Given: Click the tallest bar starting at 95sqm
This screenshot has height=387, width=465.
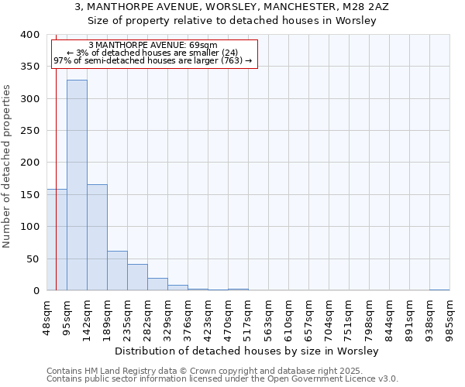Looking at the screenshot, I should click(x=77, y=186).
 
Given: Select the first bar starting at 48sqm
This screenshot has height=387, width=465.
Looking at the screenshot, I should click(x=57, y=240).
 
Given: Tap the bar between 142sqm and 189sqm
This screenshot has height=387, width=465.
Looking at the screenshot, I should click(x=97, y=238).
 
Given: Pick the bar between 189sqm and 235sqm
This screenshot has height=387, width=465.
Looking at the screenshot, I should click(x=117, y=271).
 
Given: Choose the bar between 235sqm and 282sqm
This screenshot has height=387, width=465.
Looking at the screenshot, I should click(x=137, y=277).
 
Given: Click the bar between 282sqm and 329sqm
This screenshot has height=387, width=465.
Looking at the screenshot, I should click(x=157, y=284).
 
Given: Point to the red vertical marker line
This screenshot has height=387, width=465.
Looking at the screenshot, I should click(x=56, y=155).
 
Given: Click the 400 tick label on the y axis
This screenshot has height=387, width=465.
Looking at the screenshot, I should click(x=29, y=35).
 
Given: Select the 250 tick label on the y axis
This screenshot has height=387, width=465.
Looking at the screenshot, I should click(x=29, y=131).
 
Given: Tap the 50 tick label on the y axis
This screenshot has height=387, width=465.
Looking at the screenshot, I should click(x=33, y=259).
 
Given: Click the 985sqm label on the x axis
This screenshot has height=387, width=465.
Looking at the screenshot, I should click(x=449, y=317).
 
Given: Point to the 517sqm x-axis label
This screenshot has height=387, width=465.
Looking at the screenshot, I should click(x=248, y=317).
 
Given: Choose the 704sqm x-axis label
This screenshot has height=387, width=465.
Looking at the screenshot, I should click(x=329, y=317).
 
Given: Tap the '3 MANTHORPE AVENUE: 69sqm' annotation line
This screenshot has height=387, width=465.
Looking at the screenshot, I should click(x=153, y=45).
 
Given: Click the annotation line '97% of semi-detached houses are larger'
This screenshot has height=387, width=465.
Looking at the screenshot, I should click(x=153, y=60).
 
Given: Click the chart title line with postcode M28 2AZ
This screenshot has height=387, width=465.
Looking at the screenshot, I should click(x=232, y=6).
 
